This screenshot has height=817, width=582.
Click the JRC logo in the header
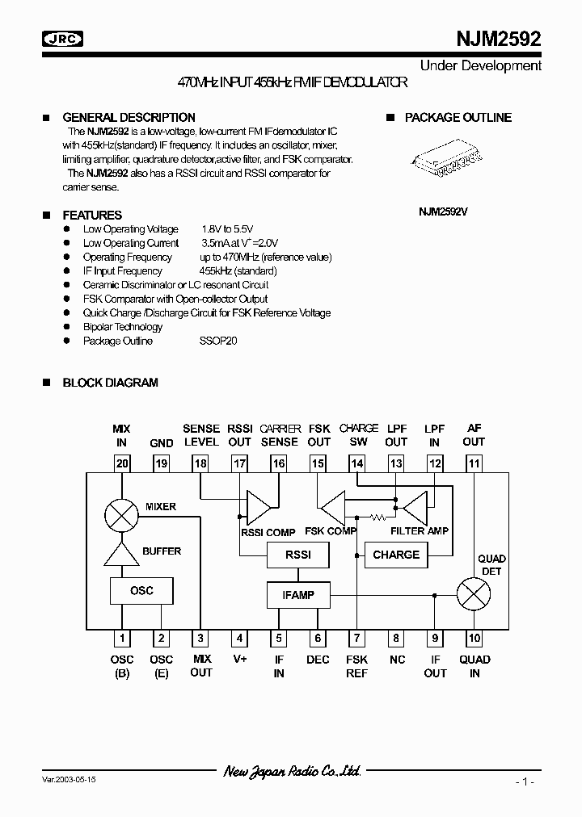[x=64, y=39]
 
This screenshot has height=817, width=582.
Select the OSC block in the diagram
[x=141, y=590]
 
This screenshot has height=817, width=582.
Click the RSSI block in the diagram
[x=298, y=555]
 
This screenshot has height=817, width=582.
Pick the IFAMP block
[x=298, y=596]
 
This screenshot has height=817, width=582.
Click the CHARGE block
[x=396, y=555]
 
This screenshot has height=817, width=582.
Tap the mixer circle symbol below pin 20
[x=122, y=514]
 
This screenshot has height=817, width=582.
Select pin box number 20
[x=122, y=463]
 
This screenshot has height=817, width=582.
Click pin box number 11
[x=474, y=463]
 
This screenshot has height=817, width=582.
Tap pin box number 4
[x=239, y=639]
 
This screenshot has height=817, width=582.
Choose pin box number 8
[x=396, y=639]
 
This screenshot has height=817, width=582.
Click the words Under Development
[x=481, y=65]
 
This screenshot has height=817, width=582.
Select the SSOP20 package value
[x=218, y=341]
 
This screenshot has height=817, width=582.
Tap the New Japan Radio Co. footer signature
[x=292, y=772]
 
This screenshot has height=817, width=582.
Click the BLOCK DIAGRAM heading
[x=110, y=383]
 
